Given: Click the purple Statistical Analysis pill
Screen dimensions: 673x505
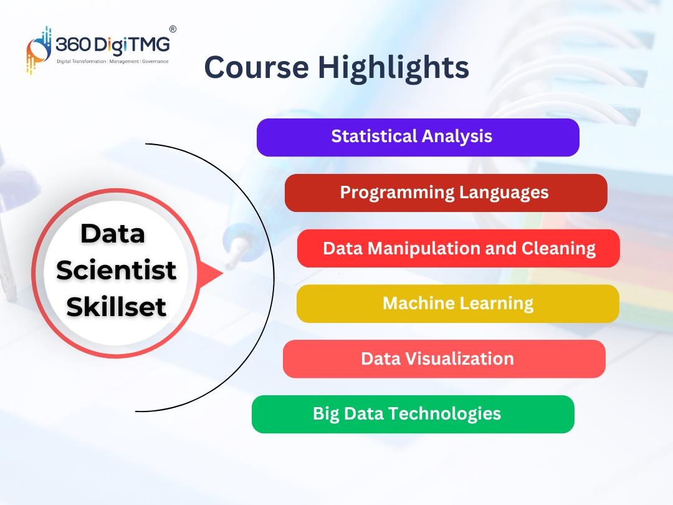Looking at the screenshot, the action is click(x=418, y=137).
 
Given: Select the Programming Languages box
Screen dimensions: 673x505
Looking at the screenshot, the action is click(x=446, y=193).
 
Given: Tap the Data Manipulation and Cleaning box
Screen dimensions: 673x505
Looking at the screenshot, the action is click(x=459, y=248).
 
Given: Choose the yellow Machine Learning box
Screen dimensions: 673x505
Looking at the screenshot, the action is click(x=458, y=304).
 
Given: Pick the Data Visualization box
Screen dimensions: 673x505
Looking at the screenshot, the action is click(x=444, y=359).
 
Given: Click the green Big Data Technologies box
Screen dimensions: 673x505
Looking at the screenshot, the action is click(x=413, y=415).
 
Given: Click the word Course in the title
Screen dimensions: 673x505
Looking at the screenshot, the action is click(x=257, y=67).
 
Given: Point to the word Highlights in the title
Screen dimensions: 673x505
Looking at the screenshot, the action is click(x=393, y=69).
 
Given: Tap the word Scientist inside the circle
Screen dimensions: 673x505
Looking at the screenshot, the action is click(x=117, y=270).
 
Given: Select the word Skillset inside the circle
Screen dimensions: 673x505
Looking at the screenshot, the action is click(x=117, y=307).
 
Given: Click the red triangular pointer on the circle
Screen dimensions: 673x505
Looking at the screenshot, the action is click(x=211, y=274).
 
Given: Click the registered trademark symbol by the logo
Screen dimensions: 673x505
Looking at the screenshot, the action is click(x=173, y=29).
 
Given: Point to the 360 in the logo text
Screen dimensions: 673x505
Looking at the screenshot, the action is click(x=73, y=44).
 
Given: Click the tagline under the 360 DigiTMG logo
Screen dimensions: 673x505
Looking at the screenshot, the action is click(x=112, y=61).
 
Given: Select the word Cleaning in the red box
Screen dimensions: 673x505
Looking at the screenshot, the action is click(x=558, y=249).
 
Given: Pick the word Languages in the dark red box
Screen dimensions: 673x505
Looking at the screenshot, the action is click(x=504, y=193).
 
